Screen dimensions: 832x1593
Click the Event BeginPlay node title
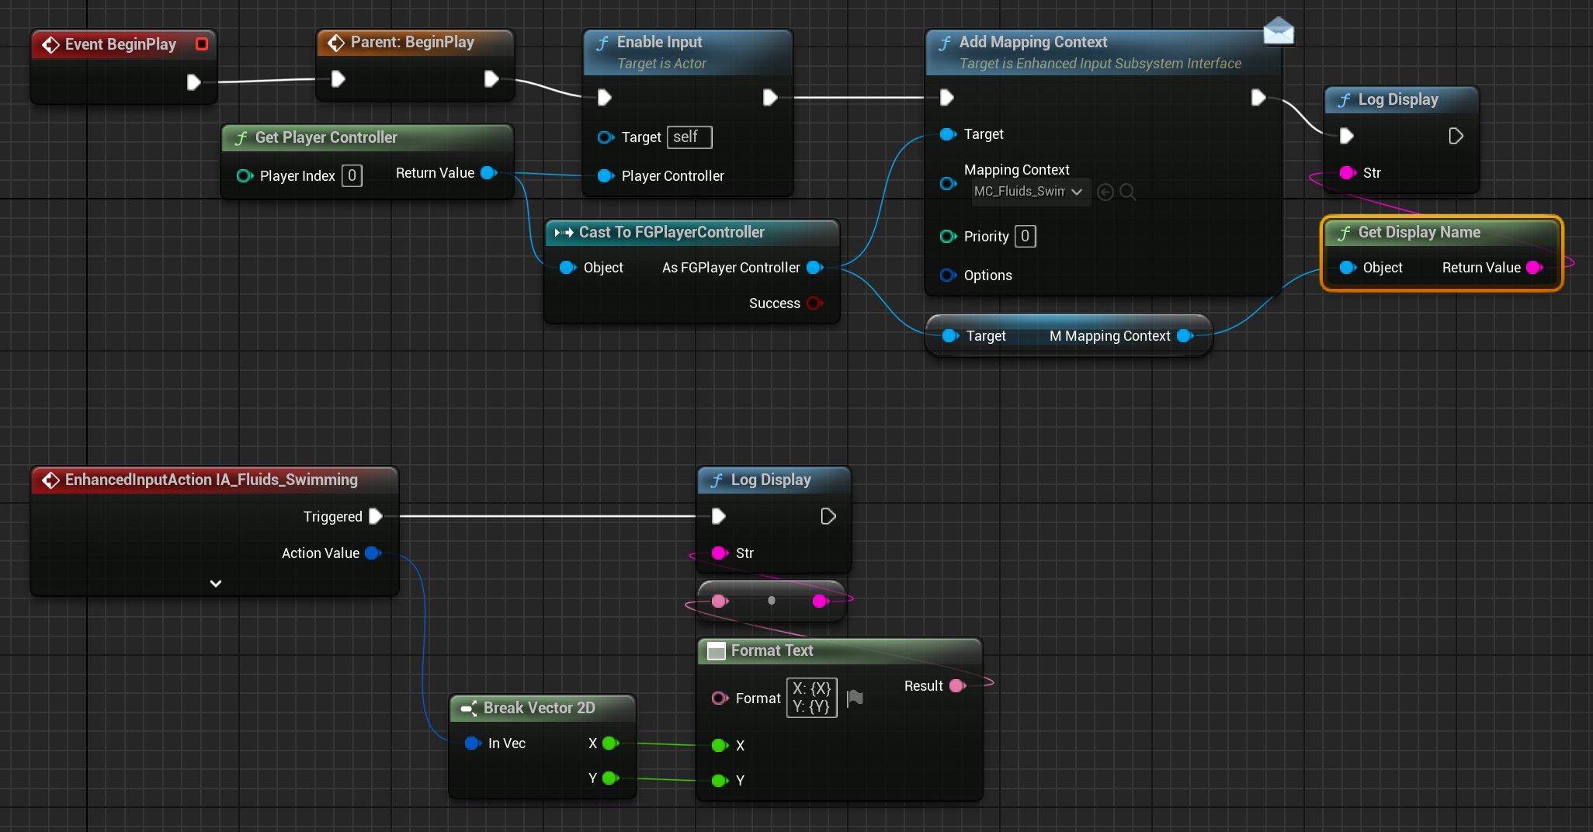(x=120, y=44)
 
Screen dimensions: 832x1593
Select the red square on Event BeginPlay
(x=202, y=44)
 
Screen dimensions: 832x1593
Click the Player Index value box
(x=352, y=175)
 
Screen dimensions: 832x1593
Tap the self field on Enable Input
(x=689, y=137)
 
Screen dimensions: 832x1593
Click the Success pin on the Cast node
(x=814, y=303)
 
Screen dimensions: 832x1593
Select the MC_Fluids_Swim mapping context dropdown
(x=1029, y=192)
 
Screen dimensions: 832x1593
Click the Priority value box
(x=1025, y=236)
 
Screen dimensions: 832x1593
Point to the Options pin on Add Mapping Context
(x=948, y=276)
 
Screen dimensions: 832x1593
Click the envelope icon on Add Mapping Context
(x=1278, y=32)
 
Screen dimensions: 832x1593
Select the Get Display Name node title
(x=1418, y=232)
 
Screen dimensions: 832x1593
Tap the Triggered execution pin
(x=376, y=516)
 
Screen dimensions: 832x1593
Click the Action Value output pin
(x=373, y=553)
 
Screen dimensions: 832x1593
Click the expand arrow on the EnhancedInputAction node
(x=216, y=583)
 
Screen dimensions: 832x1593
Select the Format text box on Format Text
(x=811, y=698)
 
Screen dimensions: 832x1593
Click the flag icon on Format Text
(x=855, y=698)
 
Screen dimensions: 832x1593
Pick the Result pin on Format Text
(x=957, y=686)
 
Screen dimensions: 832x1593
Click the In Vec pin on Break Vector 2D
(x=472, y=744)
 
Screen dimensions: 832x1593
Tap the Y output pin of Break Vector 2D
(x=609, y=778)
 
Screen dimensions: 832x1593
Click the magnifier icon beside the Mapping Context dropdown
(x=1128, y=192)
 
